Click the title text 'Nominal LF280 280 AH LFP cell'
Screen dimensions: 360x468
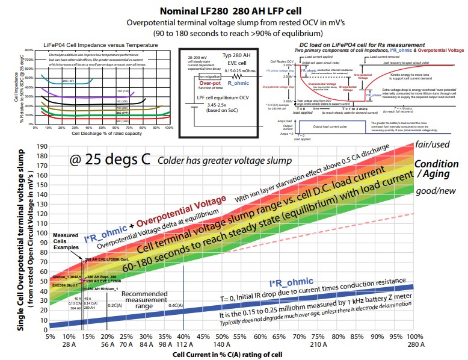[233, 11]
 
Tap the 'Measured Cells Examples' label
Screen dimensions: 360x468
[67, 240]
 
